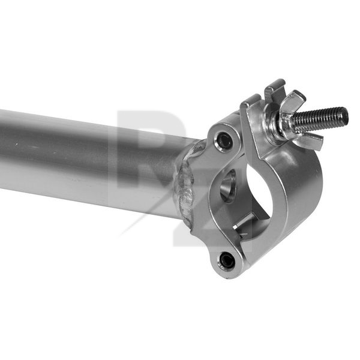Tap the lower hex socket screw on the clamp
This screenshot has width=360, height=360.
point(227,260)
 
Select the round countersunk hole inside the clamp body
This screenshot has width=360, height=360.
point(228,186)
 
